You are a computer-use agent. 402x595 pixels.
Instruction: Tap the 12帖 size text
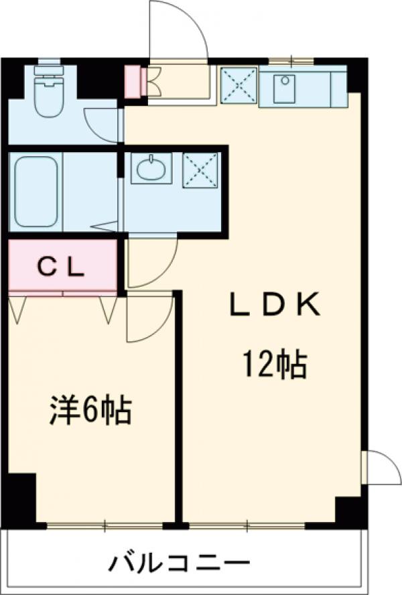274,365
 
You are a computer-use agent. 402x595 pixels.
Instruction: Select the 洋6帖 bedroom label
89,410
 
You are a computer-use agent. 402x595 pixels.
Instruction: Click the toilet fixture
49,97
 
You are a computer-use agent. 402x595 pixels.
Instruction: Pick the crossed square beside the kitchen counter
238,86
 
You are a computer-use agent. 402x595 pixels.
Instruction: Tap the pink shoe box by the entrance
133,81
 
